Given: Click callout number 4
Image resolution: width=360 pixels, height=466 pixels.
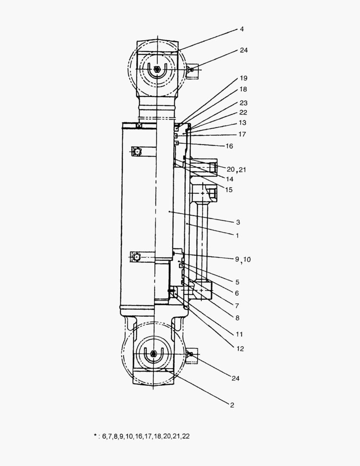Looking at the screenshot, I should tap(242, 29).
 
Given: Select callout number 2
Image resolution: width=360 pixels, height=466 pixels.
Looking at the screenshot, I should tap(232, 405).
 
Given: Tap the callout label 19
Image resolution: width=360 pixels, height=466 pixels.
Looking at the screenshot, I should tap(244, 79).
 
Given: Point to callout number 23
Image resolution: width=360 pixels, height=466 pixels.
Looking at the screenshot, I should tap(244, 103).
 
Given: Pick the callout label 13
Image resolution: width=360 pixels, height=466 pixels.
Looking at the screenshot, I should tap(242, 123).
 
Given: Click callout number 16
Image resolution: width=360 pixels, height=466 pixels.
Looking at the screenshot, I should tap(229, 146).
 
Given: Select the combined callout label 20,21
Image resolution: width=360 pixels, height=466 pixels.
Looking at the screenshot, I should tap(236, 170).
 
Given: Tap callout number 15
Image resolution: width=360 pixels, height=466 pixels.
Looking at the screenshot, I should tap(229, 189).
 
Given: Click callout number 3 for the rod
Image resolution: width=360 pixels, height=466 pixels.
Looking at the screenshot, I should tap(238, 222).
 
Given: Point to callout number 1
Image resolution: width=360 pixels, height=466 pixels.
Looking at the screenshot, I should tap(237, 236).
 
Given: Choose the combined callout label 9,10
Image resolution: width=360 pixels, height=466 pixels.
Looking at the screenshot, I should tap(242, 259).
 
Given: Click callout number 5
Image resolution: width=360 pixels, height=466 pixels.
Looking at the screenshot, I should tap(237, 282).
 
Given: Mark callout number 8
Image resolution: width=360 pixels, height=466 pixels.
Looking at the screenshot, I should tap(237, 317).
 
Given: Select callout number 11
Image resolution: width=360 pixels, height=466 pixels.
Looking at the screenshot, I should tap(240, 334).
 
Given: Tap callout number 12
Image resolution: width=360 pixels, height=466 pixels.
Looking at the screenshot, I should tap(240, 349).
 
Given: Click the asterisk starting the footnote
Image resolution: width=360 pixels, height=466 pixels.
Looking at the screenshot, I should tap(95, 435).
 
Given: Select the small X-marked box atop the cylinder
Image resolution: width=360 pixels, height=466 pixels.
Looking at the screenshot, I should tap(139, 126).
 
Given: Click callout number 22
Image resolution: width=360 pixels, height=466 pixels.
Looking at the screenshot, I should tap(244, 113).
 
